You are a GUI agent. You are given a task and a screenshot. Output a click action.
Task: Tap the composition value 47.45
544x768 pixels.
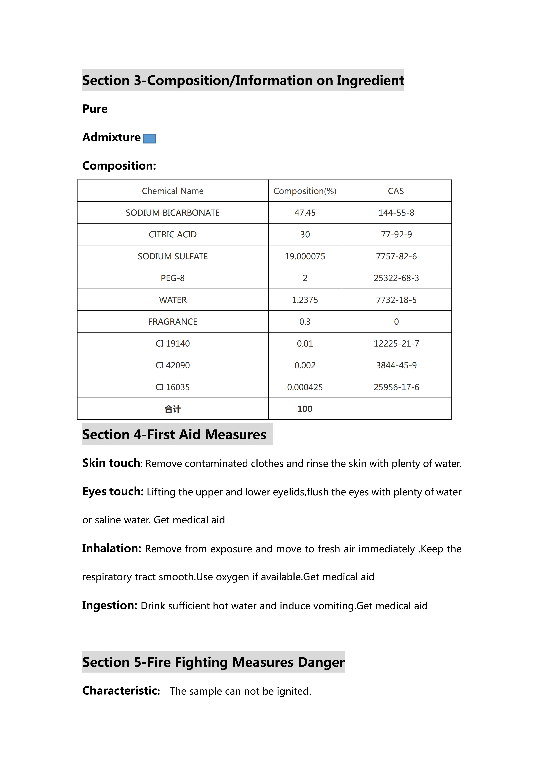pyautogui.click(x=305, y=213)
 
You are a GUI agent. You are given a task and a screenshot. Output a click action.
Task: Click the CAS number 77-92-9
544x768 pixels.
pyautogui.click(x=396, y=235)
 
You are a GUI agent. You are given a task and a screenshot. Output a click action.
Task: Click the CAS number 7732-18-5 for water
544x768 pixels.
pyautogui.click(x=396, y=300)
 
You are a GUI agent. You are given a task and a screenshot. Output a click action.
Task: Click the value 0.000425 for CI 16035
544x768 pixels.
pyautogui.click(x=305, y=387)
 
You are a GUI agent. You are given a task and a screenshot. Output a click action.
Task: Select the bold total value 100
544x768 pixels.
pyautogui.click(x=305, y=409)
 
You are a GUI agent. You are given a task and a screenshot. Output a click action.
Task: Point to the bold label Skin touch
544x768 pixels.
pyautogui.click(x=111, y=463)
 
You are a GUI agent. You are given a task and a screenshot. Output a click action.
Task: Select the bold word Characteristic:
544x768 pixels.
pyautogui.click(x=121, y=691)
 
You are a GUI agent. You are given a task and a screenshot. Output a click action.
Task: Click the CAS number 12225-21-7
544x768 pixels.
pyautogui.click(x=396, y=343)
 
